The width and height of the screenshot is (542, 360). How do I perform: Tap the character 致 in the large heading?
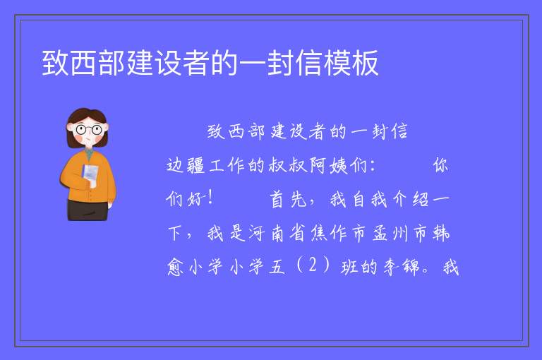coord(55,63)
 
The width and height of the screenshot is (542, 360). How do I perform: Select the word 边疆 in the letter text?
coord(186,165)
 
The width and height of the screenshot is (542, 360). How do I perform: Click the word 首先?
coord(288,199)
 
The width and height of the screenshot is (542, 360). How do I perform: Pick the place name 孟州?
coord(391,233)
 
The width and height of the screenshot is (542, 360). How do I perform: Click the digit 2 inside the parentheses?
coord(313,265)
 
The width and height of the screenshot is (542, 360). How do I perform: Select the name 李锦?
coord(401,267)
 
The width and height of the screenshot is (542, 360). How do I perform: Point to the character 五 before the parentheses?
coord(277,267)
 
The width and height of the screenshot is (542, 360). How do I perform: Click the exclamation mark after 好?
coord(210,198)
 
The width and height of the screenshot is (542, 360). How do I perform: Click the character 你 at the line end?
coord(440,165)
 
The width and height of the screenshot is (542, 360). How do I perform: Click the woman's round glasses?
coord(88,130)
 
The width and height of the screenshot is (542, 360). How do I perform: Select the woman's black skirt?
coord(88,210)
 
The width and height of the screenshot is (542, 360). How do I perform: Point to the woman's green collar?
coord(89,153)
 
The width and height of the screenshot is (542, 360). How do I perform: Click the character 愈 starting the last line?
coord(175,267)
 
